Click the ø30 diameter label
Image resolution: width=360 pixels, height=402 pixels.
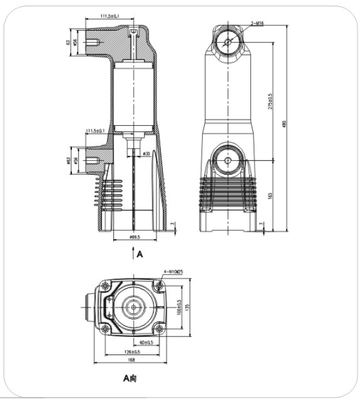click(x=146, y=153)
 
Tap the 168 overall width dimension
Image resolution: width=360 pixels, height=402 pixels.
click(x=131, y=361)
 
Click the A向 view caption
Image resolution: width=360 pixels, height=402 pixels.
click(x=131, y=380)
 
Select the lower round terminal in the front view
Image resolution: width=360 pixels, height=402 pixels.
click(x=228, y=161)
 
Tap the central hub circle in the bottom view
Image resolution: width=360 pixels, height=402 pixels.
click(x=131, y=307)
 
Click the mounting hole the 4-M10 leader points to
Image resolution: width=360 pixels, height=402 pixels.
click(x=159, y=285)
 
